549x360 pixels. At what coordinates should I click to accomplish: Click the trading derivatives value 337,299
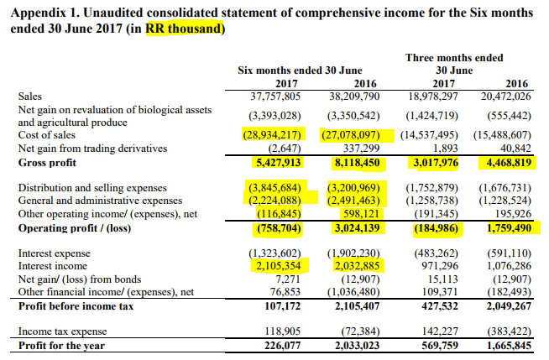[368, 149]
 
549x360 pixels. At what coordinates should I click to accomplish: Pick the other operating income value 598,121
[367, 213]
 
